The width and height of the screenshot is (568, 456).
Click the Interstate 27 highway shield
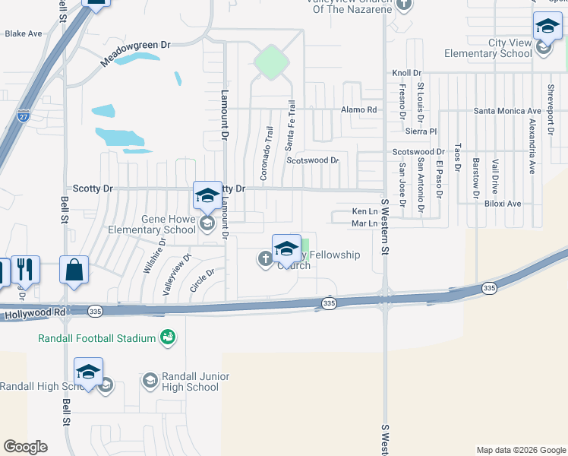coord(24,116)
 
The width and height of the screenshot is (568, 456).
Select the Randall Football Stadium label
coord(98,337)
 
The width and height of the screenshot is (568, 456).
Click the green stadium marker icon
coord(168,337)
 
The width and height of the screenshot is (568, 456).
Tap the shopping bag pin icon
coord(74,271)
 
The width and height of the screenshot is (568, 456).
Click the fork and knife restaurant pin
coord(25,270)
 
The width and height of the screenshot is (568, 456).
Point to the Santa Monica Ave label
coord(497,111)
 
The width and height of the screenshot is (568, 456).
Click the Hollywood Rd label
coord(34,313)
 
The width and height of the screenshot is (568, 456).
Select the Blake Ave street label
coord(24,34)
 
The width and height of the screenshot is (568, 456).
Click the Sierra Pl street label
coord(422,131)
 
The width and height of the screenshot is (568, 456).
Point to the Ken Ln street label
coord(364,211)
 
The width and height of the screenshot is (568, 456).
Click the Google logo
coord(25,447)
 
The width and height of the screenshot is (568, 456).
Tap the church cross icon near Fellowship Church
coord(266,260)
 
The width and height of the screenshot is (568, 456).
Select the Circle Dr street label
coord(203,281)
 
